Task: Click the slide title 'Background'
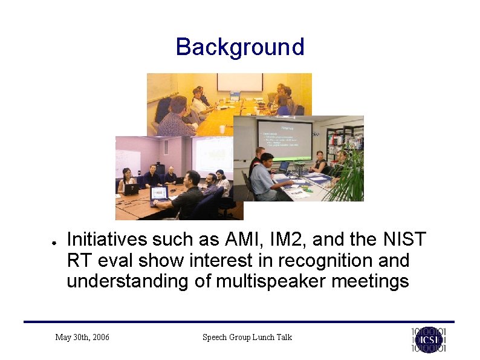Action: pos(239,47)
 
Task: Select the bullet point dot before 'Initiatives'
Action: pos(54,241)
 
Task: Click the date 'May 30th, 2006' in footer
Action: pos(82,337)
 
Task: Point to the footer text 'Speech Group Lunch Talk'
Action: pos(247,337)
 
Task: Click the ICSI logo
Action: pos(429,339)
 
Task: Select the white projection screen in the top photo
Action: pos(240,82)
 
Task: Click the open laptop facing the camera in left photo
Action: pos(158,194)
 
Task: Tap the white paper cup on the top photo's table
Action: pos(222,129)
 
